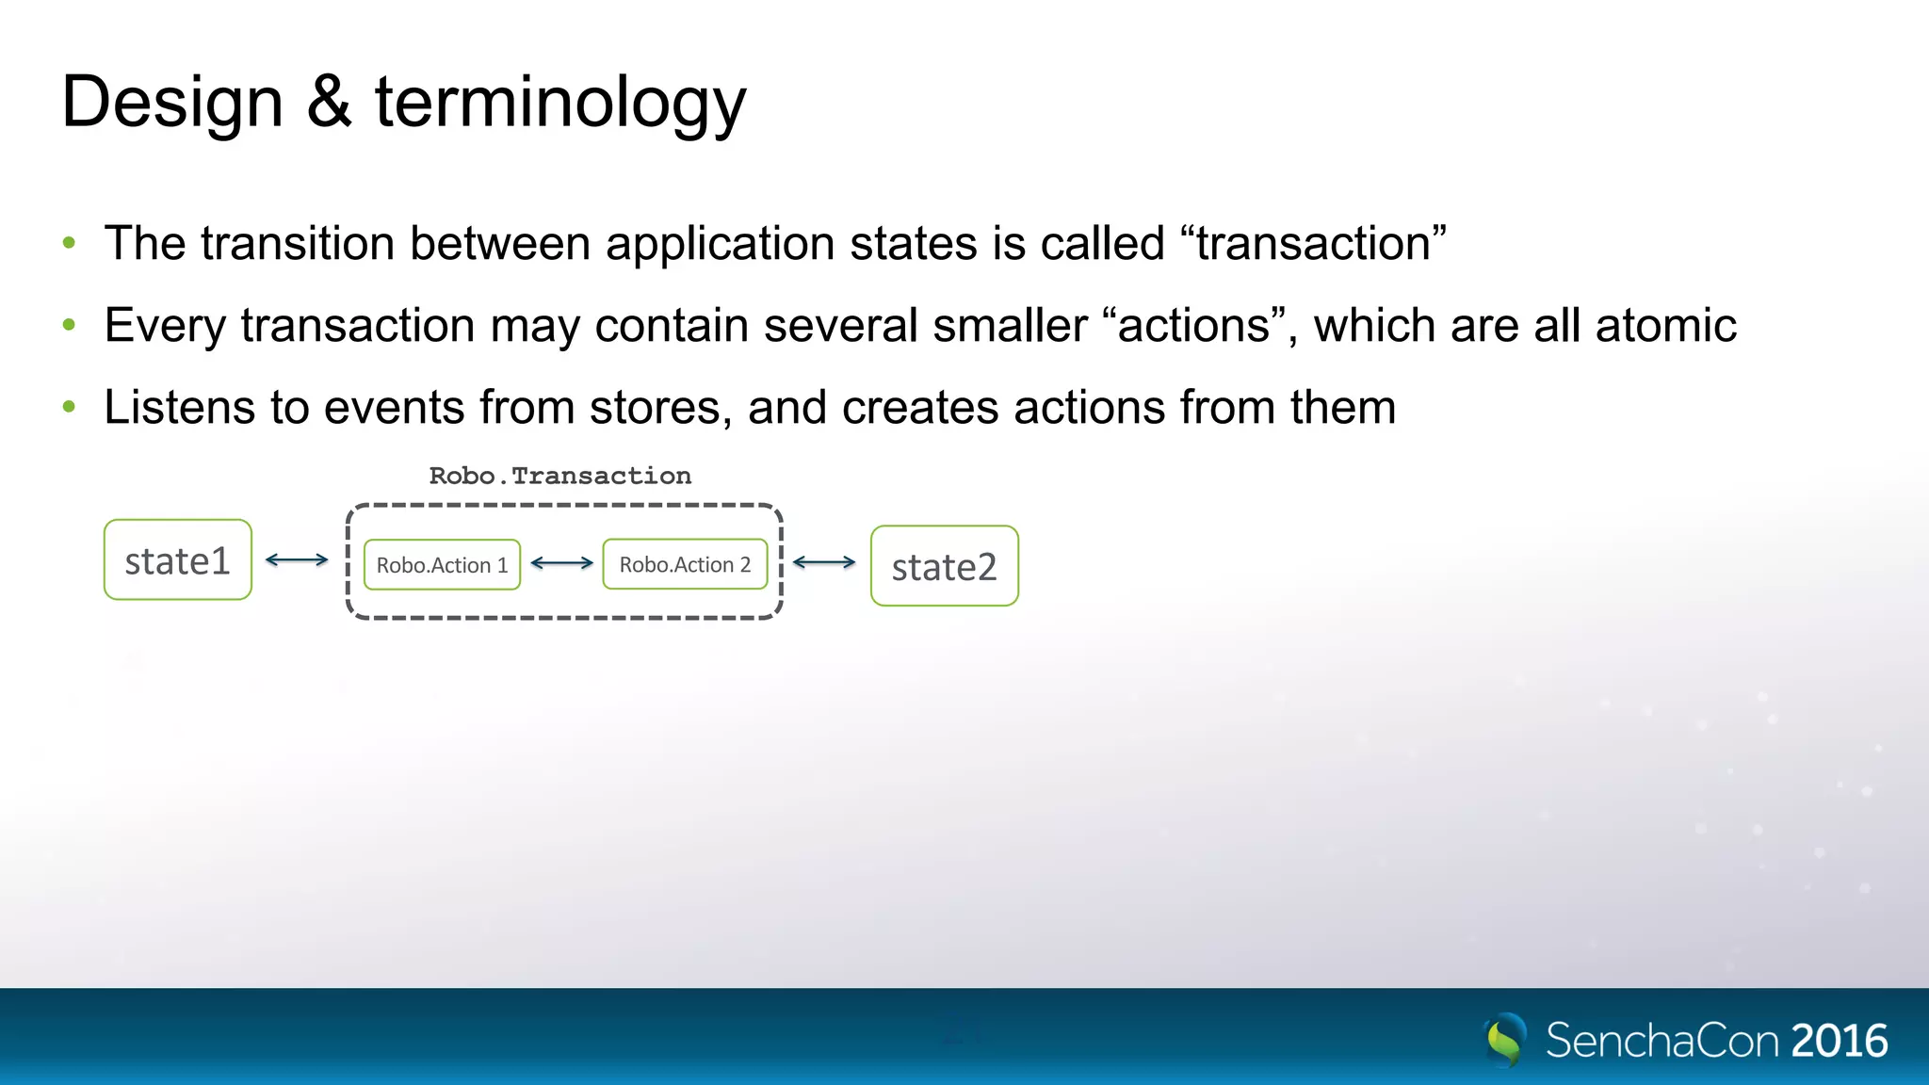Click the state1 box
[x=178, y=560]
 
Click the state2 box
[x=944, y=566]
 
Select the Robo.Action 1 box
[x=442, y=565]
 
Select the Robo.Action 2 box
[x=685, y=564]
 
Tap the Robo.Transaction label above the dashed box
[x=560, y=476]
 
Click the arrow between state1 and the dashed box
[x=297, y=559]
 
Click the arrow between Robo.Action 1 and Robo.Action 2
[x=561, y=563]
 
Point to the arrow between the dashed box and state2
[x=824, y=562]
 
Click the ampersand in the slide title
[x=329, y=101]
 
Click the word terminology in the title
[x=560, y=104]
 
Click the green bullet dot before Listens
[x=69, y=407]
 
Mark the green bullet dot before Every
[x=69, y=325]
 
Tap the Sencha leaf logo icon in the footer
[x=1505, y=1040]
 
